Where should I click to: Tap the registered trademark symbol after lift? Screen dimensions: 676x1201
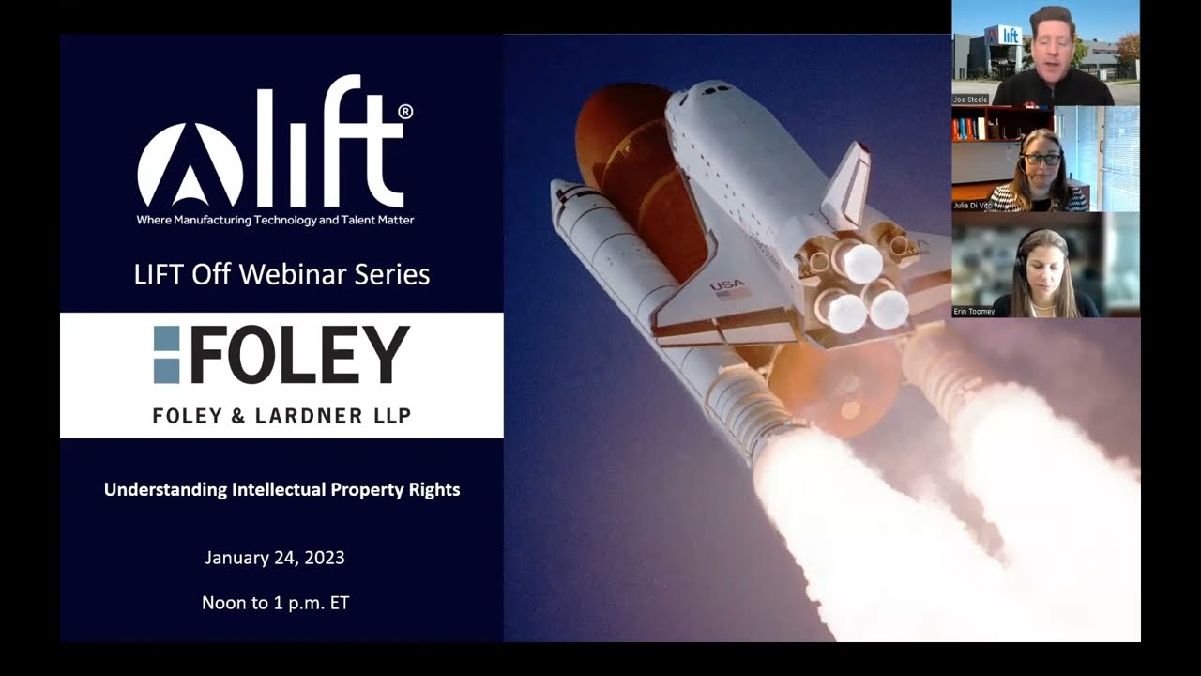405,112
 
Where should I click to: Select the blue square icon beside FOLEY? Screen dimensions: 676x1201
166,355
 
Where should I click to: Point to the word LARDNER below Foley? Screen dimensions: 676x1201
318,415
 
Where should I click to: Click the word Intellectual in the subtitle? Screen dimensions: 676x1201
279,489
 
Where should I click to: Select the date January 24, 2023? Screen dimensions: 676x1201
275,558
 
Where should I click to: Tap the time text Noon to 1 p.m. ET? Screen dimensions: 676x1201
275,603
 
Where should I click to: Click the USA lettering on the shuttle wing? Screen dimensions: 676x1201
726,285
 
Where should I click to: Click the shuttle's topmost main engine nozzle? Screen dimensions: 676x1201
858,263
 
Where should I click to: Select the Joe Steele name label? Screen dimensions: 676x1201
971,100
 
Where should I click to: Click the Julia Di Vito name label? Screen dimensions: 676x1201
974,206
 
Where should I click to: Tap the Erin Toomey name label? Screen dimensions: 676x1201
974,312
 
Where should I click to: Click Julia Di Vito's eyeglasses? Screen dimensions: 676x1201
1041,160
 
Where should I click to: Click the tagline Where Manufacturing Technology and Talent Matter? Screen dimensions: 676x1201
275,220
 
